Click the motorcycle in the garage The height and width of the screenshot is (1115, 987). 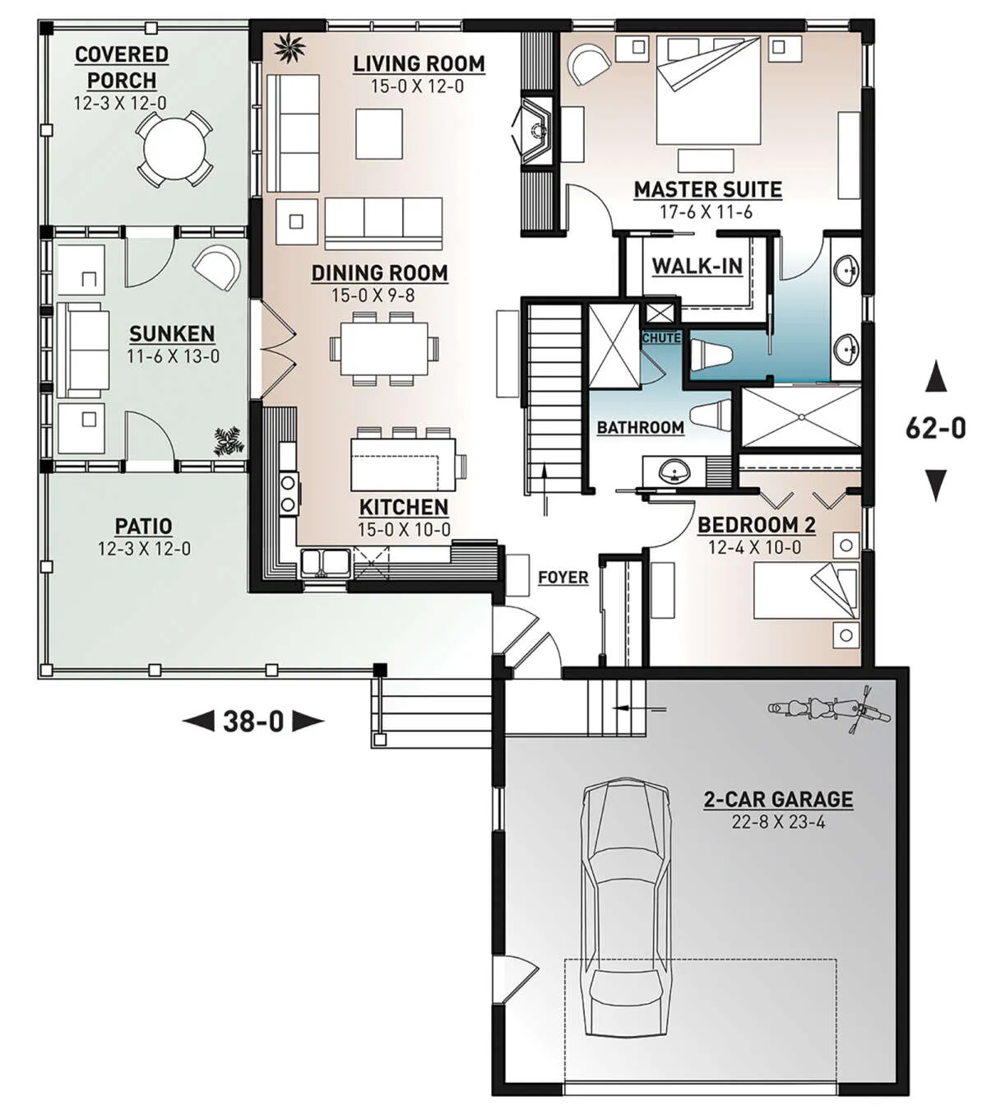click(x=828, y=710)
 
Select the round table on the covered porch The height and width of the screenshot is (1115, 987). click(x=174, y=149)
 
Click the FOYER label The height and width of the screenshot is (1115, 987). click(x=563, y=578)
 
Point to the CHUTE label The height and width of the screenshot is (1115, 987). click(x=661, y=337)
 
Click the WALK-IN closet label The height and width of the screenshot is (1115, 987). click(x=697, y=267)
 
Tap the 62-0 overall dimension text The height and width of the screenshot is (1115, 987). click(x=936, y=429)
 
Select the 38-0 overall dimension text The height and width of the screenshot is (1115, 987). click(x=253, y=721)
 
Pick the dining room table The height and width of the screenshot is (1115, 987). click(x=384, y=348)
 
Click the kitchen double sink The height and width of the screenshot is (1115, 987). click(x=325, y=562)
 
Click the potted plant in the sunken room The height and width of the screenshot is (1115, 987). click(x=228, y=441)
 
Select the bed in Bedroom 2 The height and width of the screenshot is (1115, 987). click(x=805, y=589)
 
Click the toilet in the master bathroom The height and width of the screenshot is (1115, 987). click(x=711, y=355)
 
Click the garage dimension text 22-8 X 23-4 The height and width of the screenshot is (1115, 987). click(x=778, y=822)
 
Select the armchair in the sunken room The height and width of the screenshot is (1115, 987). click(x=217, y=267)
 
